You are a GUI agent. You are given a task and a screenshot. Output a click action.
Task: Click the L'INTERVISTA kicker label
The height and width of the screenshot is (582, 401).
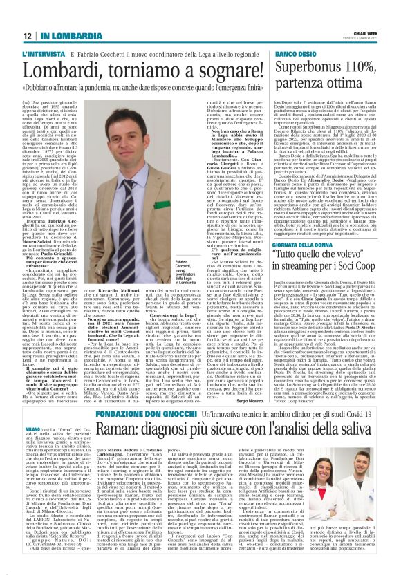(x=44, y=53)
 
